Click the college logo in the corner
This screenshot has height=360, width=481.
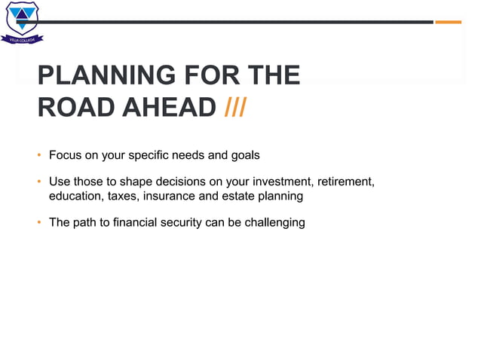coord(22,22)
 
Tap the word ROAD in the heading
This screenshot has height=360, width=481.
coord(75,108)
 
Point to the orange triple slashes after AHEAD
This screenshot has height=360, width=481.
coord(235,108)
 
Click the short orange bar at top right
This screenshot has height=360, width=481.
coord(448,22)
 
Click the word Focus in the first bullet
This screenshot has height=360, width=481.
coord(65,156)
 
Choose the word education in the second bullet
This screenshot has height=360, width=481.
coord(75,196)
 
